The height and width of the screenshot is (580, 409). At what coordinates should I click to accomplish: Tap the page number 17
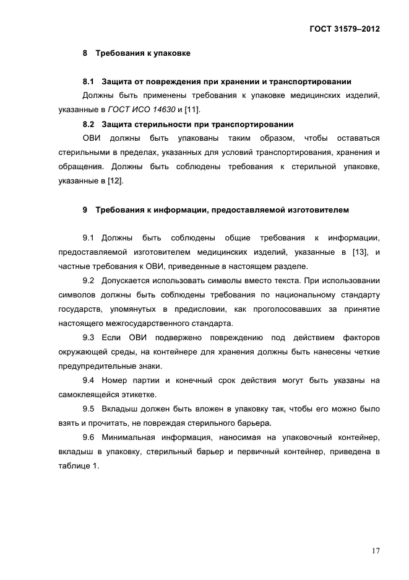376,550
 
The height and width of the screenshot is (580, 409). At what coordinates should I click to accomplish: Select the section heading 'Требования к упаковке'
142,53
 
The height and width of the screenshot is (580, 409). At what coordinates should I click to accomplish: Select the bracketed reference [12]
116,181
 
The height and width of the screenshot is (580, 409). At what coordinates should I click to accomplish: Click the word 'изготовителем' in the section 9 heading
318,210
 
